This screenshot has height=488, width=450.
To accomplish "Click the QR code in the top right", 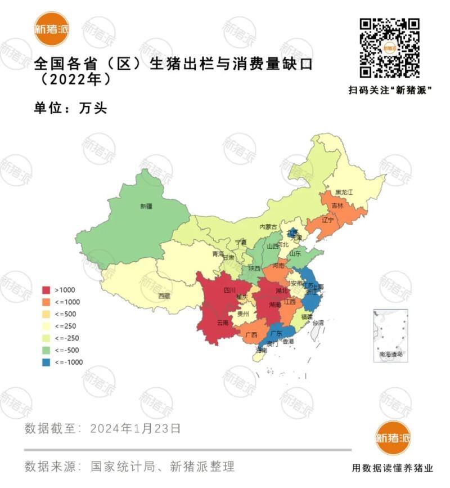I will (x=390, y=48).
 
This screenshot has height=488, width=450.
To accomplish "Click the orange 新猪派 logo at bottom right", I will (x=393, y=438).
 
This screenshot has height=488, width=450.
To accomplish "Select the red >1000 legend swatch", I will (x=48, y=290).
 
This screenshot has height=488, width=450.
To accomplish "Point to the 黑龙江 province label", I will (x=343, y=192).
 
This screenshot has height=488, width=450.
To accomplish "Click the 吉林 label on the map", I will (x=337, y=206).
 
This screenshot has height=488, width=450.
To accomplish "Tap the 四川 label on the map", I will (x=229, y=291).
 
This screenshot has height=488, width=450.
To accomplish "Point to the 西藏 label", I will (x=164, y=296).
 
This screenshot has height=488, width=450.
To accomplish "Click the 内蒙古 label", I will (x=268, y=226).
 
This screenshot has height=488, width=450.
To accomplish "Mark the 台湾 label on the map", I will (x=318, y=323).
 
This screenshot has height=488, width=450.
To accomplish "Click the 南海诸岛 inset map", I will (x=390, y=335).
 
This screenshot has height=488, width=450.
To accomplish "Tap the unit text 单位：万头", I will (x=70, y=108).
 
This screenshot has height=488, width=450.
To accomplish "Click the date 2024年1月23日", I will (x=136, y=428).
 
